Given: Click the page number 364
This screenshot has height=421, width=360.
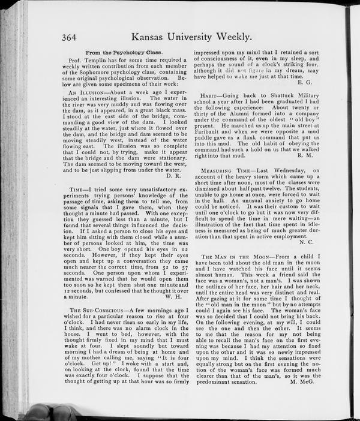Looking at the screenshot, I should point(71,37).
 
